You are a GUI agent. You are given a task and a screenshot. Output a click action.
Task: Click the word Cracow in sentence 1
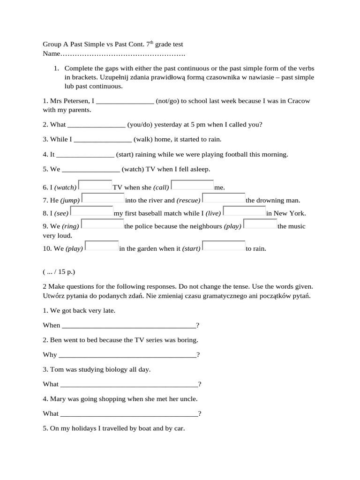(x=298, y=101)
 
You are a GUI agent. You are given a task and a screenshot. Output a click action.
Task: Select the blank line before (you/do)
(x=97, y=125)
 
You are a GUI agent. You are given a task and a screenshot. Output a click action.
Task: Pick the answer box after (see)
(x=91, y=211)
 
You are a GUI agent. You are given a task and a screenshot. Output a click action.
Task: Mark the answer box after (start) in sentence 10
(x=224, y=247)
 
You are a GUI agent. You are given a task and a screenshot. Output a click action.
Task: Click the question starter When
(x=52, y=325)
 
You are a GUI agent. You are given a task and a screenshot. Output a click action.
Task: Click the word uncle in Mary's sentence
(x=188, y=399)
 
